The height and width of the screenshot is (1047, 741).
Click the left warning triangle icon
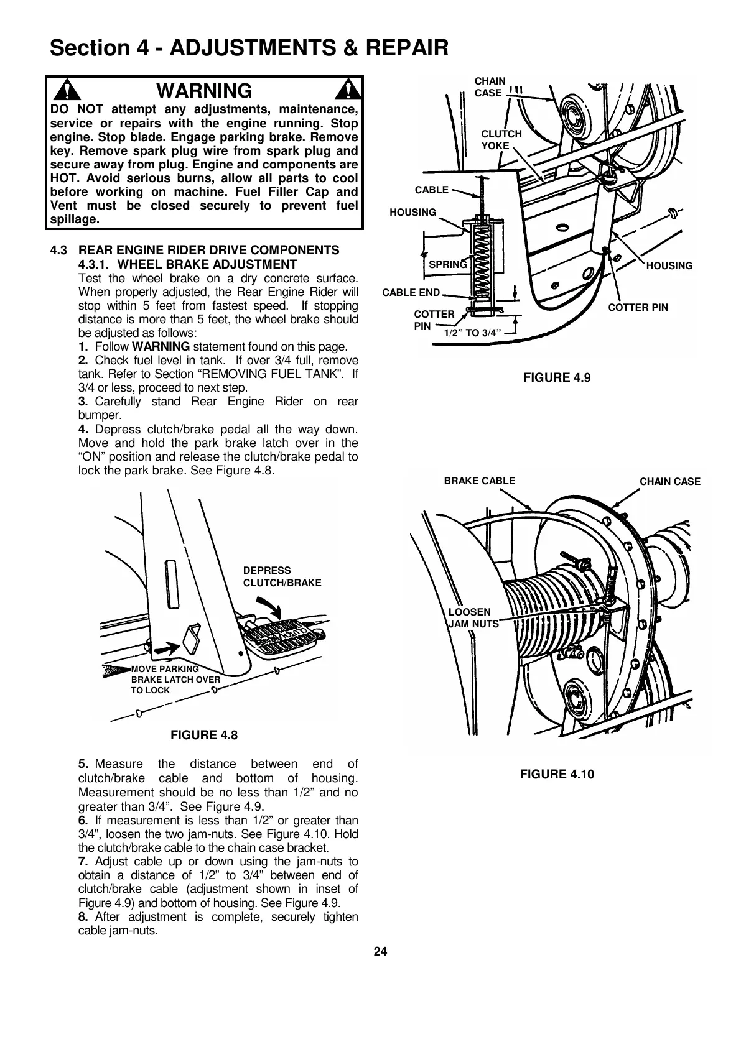click(x=63, y=91)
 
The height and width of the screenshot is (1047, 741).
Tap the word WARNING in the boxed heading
click(x=204, y=91)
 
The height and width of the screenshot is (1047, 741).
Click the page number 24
click(x=380, y=952)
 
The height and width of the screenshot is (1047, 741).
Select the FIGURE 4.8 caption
click(x=204, y=736)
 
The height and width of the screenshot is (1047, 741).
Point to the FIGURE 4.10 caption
click(x=557, y=774)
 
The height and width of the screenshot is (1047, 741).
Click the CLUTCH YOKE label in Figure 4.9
click(x=501, y=140)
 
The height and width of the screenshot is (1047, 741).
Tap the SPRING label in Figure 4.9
click(x=448, y=264)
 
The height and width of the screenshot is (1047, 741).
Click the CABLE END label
click(x=411, y=293)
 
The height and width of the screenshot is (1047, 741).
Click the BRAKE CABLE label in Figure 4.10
click(x=479, y=481)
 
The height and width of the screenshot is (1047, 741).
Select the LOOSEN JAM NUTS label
click(x=473, y=617)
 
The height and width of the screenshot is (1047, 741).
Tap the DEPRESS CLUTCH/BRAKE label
click(x=282, y=576)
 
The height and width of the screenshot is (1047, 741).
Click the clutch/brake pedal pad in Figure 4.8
click(x=283, y=640)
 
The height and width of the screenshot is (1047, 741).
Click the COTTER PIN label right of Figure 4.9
click(x=638, y=307)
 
